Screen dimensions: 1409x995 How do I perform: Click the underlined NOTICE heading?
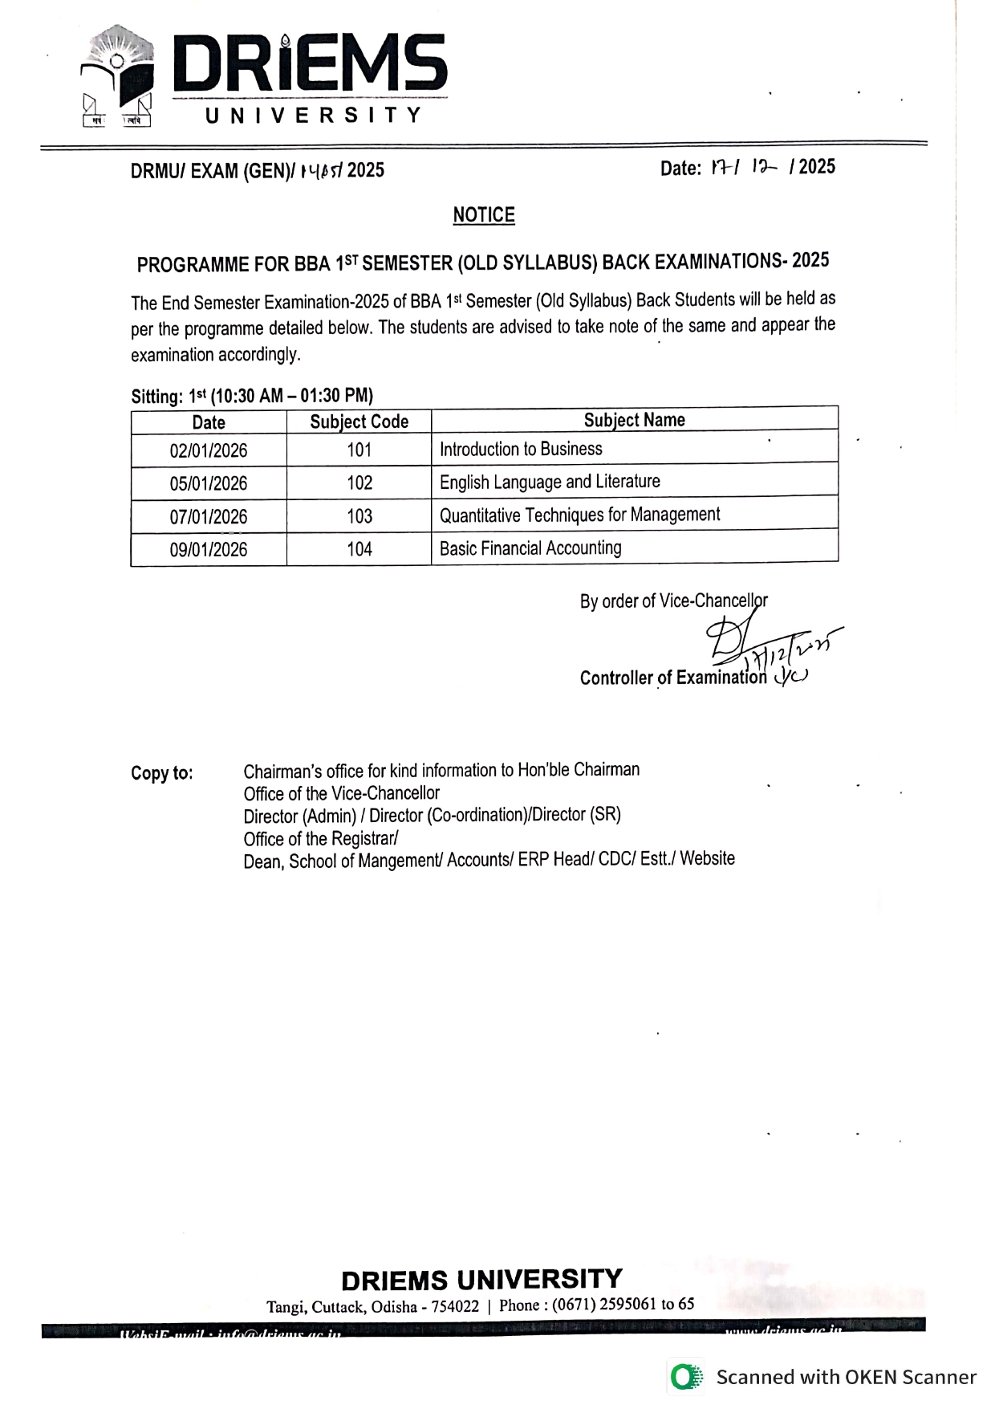coord(484,215)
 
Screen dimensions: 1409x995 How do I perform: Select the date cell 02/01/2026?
coord(209,450)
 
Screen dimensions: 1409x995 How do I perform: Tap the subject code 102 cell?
coord(359,483)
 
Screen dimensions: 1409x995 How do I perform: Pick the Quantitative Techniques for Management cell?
coord(579,515)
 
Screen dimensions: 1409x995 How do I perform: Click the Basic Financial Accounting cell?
coord(530,548)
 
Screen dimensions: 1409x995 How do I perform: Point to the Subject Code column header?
coord(359,421)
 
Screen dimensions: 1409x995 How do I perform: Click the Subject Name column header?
coord(634,420)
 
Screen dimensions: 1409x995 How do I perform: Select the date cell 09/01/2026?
coord(209,550)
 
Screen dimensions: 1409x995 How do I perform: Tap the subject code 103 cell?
coord(359,516)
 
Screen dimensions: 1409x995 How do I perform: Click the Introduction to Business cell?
coord(521,449)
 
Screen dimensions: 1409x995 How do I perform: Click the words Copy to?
coord(162,773)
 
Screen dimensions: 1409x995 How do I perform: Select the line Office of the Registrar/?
coord(321,839)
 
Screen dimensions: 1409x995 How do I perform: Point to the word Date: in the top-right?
coord(680,169)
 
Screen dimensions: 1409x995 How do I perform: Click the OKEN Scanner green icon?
coord(684,1377)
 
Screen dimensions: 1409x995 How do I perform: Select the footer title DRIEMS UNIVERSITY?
coord(481,1279)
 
